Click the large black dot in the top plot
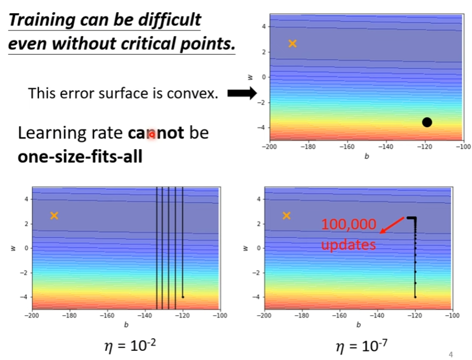[x=427, y=122]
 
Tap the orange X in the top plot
[x=292, y=44]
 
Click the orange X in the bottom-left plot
[x=54, y=215]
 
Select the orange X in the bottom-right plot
[x=286, y=215]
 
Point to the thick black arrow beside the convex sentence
[x=242, y=93]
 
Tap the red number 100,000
[x=348, y=224]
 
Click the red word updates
[x=348, y=244]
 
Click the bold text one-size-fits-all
[x=80, y=156]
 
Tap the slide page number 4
[x=451, y=353]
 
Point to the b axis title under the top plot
[x=366, y=157]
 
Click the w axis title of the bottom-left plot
[x=11, y=248]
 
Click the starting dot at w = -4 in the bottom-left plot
[x=183, y=297]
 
